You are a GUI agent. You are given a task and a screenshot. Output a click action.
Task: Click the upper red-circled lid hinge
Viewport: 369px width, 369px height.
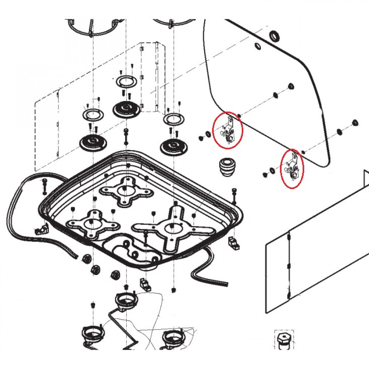click(x=228, y=130)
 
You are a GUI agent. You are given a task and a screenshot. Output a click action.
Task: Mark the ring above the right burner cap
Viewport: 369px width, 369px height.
click(x=172, y=120)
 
